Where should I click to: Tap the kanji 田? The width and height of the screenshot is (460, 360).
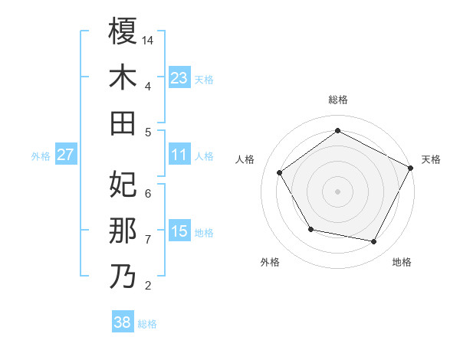pos(123,123)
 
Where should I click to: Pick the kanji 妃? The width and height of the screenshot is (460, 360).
pos(123,184)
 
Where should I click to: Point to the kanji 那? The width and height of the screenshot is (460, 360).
pos(123,231)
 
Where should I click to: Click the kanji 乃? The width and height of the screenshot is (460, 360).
pos(123,277)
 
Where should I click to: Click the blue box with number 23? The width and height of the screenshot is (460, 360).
pos(179,78)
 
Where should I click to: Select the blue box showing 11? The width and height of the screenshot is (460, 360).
pos(179,155)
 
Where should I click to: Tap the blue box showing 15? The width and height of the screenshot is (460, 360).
pos(179,232)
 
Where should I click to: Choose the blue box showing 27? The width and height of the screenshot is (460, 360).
pos(66,155)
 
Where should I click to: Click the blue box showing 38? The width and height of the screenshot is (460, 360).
pos(122,322)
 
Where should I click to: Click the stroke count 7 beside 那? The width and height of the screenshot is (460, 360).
pos(148,240)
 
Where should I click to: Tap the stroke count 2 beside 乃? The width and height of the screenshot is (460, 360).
pos(148,286)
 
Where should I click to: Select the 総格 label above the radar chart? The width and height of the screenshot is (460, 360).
pos(337,100)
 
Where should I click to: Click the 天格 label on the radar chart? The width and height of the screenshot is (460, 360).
pos(431,159)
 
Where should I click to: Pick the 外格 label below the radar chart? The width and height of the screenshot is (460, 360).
pos(270,262)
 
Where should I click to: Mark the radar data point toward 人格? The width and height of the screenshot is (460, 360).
pos(280,172)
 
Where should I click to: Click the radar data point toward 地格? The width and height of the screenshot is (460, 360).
pos(373,242)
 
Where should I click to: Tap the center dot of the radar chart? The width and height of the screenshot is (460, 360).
pos(337,191)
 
